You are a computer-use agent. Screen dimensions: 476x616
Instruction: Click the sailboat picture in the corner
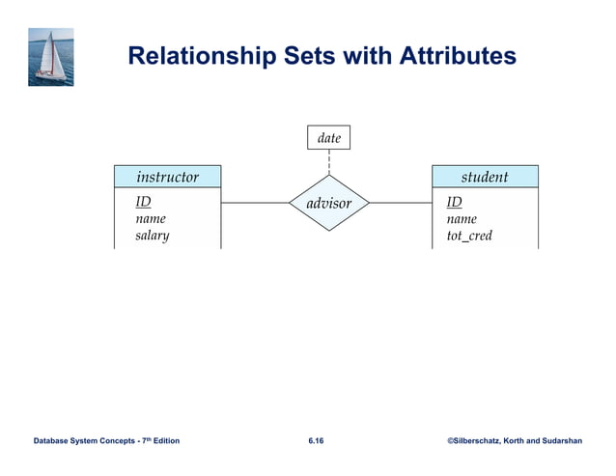tap(50, 57)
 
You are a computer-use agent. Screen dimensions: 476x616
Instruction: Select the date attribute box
tap(329, 138)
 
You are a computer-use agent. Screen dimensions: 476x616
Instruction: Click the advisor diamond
tap(329, 204)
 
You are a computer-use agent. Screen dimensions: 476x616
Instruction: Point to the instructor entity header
tap(167, 177)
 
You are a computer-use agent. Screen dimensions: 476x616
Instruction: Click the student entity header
tap(485, 177)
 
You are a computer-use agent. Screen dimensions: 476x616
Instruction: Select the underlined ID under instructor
tap(143, 202)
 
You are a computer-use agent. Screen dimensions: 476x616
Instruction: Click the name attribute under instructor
tap(151, 219)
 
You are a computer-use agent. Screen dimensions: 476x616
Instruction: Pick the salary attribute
tap(153, 236)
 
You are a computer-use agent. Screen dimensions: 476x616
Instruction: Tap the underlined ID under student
tap(454, 202)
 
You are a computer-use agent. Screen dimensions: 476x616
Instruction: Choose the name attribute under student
tap(462, 219)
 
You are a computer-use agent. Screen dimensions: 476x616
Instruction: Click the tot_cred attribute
tap(469, 236)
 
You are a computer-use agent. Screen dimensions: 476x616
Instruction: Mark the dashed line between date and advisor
tap(329, 162)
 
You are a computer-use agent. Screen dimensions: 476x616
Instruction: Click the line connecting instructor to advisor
tap(255, 204)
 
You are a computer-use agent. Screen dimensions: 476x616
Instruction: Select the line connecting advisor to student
tap(401, 204)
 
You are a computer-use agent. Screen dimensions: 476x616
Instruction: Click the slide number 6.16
tap(316, 441)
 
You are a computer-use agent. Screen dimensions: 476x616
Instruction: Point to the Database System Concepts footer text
tap(106, 441)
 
